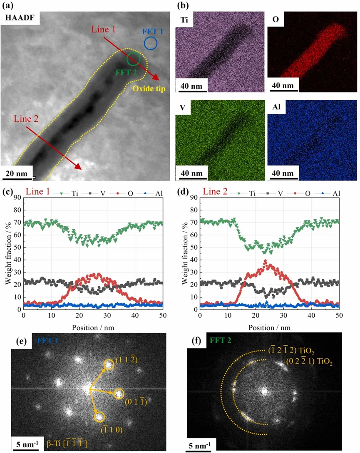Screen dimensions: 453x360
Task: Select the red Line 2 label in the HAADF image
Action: pyautogui.click(x=26, y=119)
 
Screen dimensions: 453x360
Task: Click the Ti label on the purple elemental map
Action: pyautogui.click(x=184, y=19)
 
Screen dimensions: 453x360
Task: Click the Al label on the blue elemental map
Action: pyautogui.click(x=276, y=108)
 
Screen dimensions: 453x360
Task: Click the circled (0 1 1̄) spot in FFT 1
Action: pyautogui.click(x=118, y=394)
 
